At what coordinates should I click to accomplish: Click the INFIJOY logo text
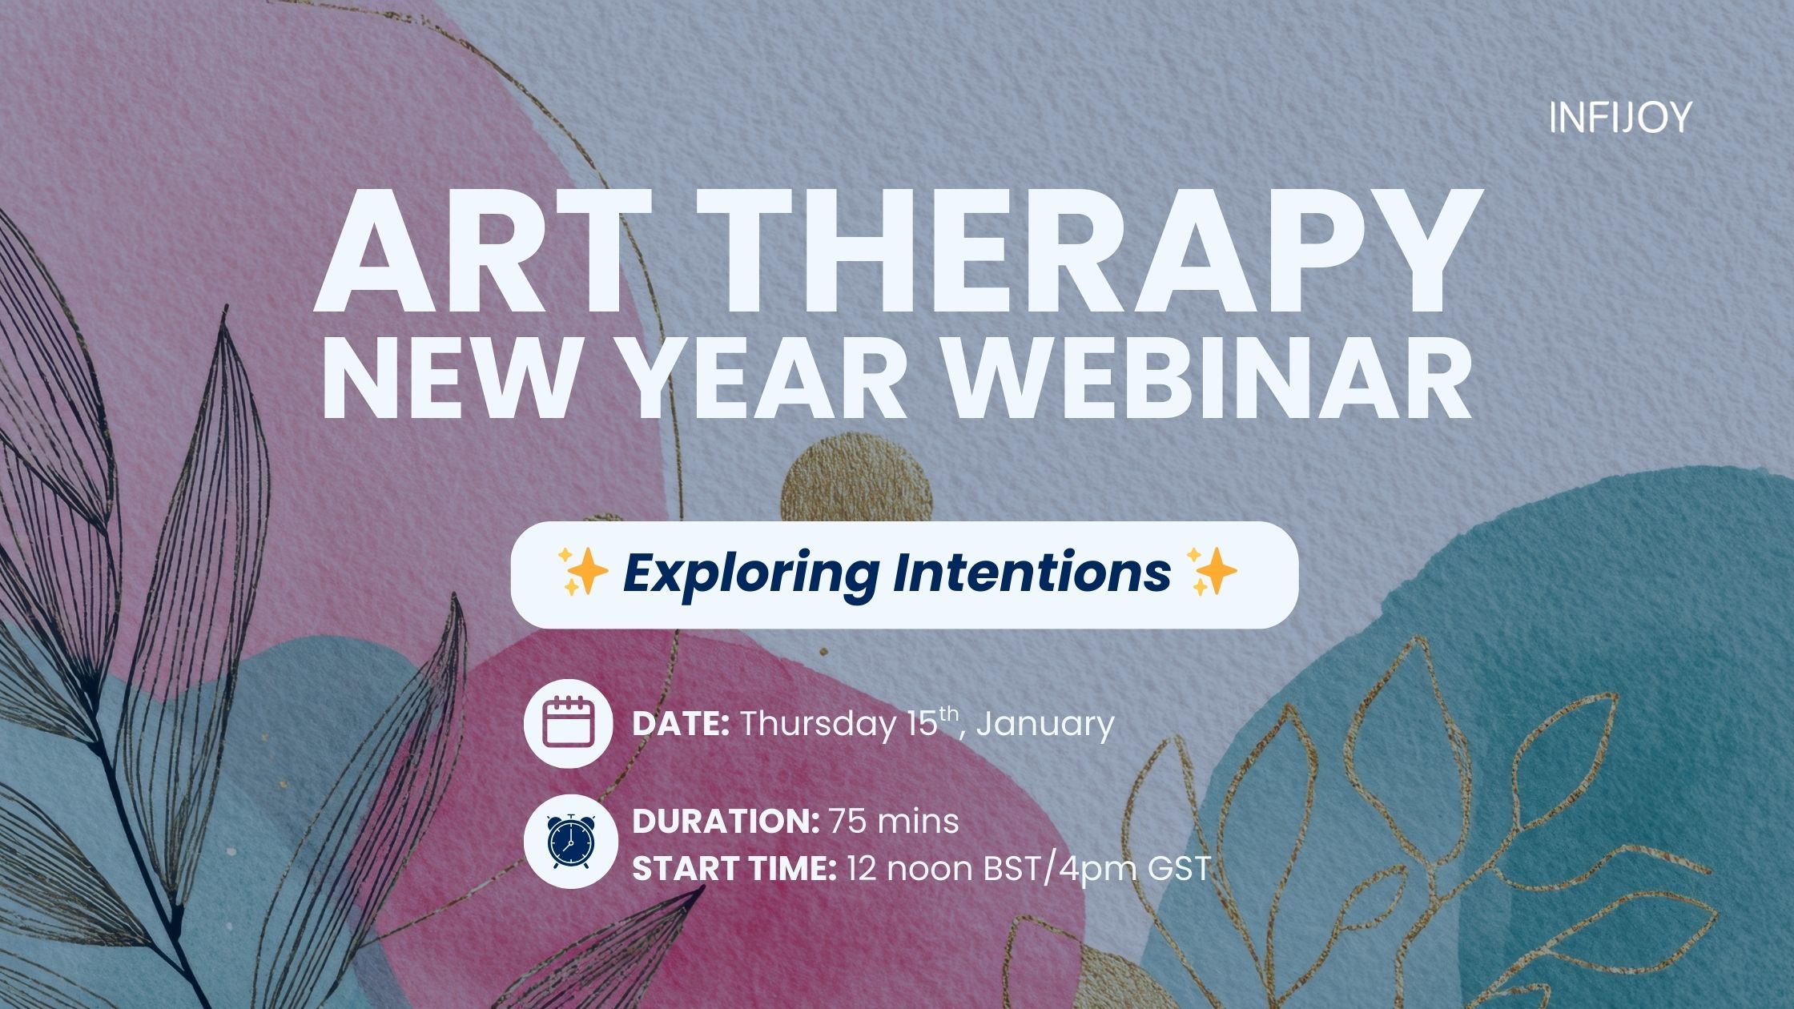(1619, 118)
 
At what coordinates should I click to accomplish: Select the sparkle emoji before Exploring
(581, 572)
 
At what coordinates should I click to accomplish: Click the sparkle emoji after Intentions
(1213, 572)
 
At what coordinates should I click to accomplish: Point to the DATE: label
(681, 724)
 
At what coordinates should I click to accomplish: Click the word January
(1045, 726)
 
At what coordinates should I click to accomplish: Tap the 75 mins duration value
(894, 822)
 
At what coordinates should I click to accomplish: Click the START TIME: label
(734, 868)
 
